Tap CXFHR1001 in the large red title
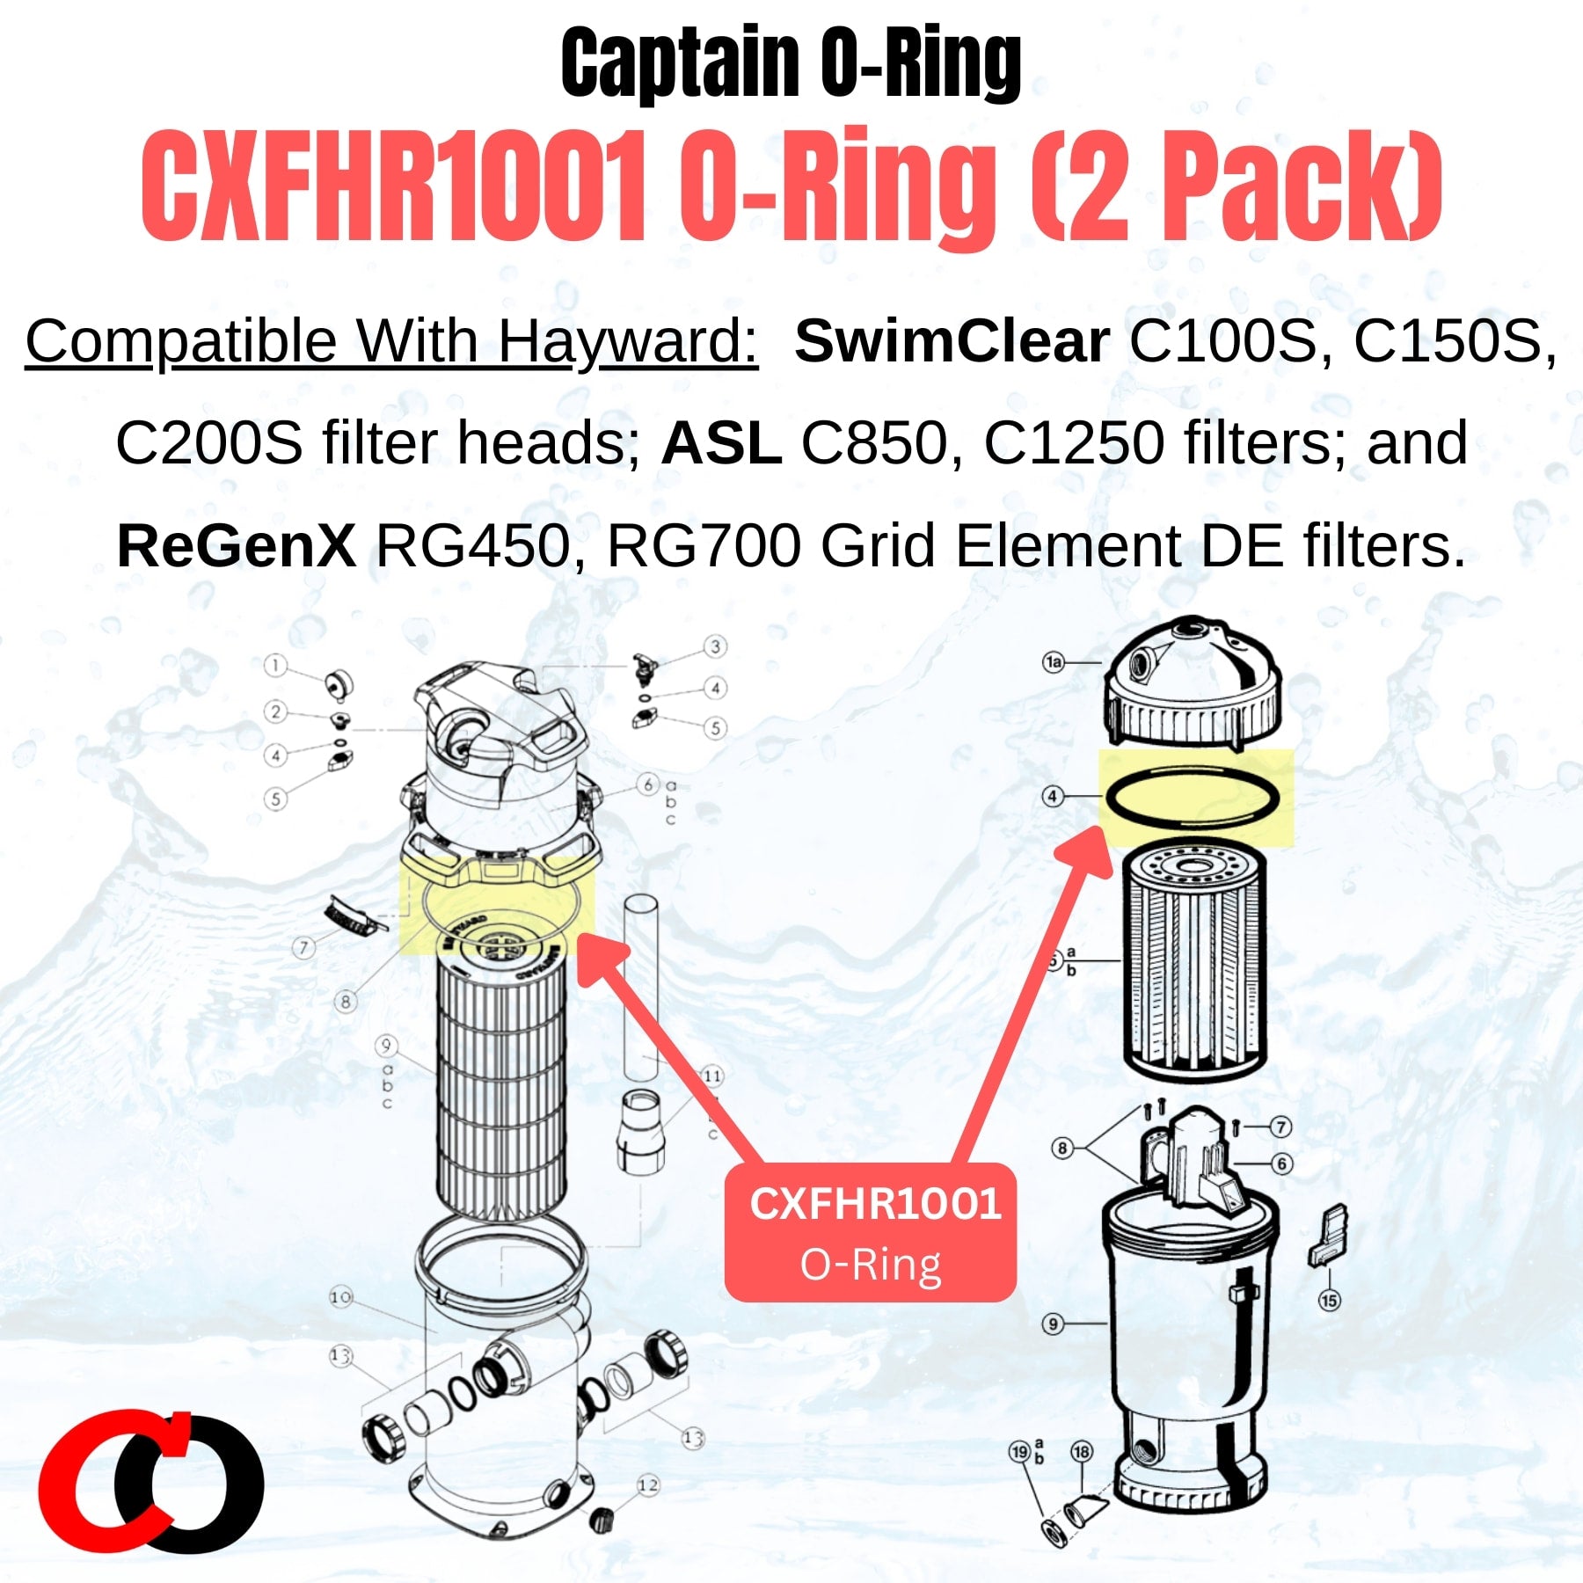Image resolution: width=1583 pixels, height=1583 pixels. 394,187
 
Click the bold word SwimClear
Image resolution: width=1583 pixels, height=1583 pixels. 952,341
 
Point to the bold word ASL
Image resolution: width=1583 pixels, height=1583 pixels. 721,443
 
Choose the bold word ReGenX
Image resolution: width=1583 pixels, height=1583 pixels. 236,546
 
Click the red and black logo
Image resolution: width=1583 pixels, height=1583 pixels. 151,1482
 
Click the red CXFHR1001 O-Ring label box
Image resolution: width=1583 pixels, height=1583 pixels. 871,1232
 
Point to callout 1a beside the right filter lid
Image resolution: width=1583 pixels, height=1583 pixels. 1054,662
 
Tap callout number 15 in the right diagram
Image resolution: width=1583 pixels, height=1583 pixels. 1329,1300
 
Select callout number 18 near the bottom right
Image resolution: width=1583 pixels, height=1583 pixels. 1081,1451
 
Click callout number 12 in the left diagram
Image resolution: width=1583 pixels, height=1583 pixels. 648,1485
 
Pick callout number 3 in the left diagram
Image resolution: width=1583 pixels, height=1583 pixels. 715,647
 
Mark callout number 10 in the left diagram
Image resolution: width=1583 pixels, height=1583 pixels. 341,1297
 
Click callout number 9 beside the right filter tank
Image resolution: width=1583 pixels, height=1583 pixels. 1054,1324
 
